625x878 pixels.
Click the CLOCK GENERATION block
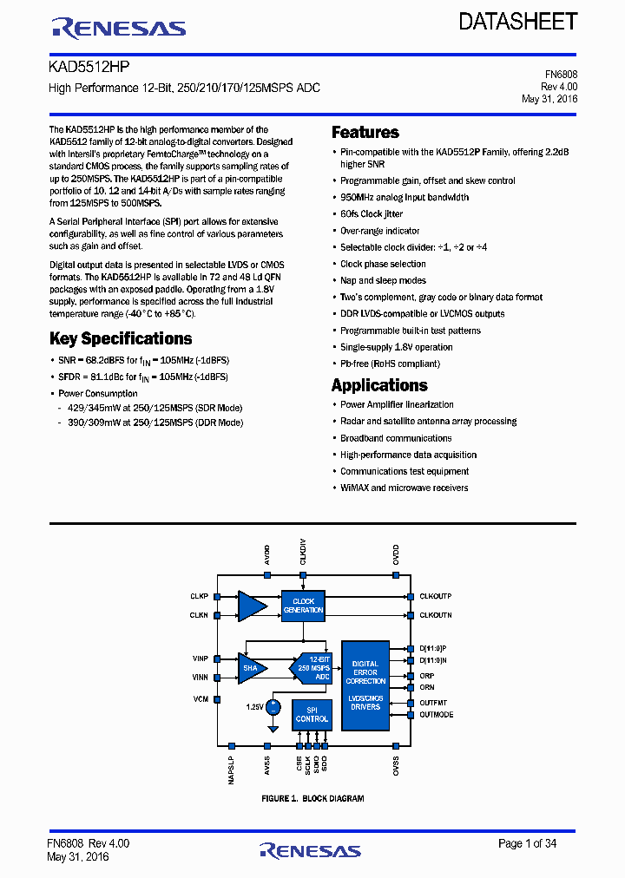tap(303, 606)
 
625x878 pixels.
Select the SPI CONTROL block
tap(312, 714)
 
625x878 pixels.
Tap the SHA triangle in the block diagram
tap(251, 668)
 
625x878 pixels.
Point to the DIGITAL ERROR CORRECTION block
tap(365, 673)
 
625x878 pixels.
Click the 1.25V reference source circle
tap(273, 707)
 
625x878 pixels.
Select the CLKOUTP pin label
tap(435, 597)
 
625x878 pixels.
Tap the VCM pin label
tap(201, 698)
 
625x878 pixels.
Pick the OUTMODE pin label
tap(436, 715)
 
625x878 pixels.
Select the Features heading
tap(365, 133)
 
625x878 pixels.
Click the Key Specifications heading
tap(121, 338)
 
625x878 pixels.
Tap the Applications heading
tap(379, 385)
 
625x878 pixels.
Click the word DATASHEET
tap(518, 22)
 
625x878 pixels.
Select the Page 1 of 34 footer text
tap(527, 843)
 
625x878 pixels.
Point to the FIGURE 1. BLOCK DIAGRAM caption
tap(312, 798)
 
